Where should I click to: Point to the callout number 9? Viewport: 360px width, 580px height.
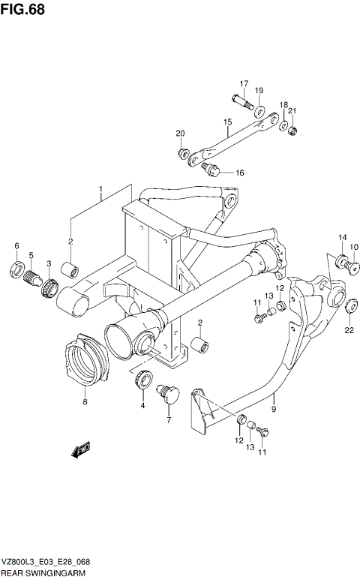click(x=274, y=409)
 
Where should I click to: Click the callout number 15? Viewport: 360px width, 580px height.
click(x=226, y=122)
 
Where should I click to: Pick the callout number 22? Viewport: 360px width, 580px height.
click(x=349, y=329)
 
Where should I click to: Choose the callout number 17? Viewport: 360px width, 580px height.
click(x=244, y=83)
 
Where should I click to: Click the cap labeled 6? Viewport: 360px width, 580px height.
click(x=16, y=269)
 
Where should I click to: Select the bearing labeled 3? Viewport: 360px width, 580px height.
click(x=50, y=287)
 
